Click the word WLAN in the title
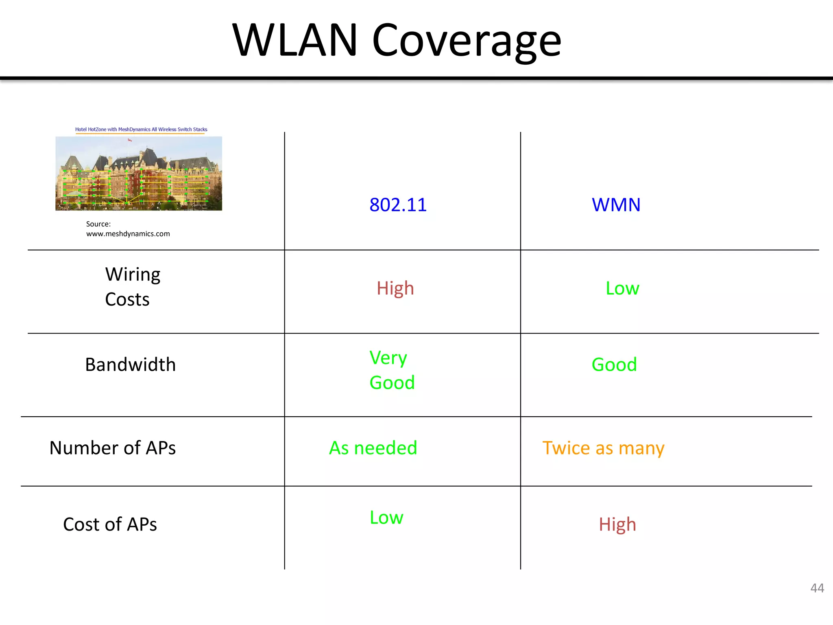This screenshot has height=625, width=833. click(294, 41)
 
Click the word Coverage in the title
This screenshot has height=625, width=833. click(467, 41)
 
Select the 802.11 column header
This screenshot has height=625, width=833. click(398, 205)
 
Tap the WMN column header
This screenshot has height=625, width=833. click(616, 205)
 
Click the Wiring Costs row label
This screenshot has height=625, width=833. click(132, 287)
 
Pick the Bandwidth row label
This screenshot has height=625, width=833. click(130, 365)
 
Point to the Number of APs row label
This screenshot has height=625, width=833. click(112, 448)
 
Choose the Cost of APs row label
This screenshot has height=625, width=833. click(110, 524)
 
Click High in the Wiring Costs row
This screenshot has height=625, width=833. click(395, 288)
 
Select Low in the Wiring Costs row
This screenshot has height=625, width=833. click(622, 288)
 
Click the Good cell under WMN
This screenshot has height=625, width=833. click(614, 365)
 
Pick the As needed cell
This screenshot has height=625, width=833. click(373, 448)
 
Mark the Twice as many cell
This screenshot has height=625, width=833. click(603, 448)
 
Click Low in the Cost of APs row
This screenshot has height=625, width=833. click(386, 518)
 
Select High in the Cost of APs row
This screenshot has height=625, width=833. click(617, 524)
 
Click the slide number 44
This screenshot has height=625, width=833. click(817, 588)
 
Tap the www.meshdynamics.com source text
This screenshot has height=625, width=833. click(128, 234)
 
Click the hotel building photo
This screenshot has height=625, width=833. click(139, 173)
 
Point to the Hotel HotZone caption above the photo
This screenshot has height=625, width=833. click(141, 129)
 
